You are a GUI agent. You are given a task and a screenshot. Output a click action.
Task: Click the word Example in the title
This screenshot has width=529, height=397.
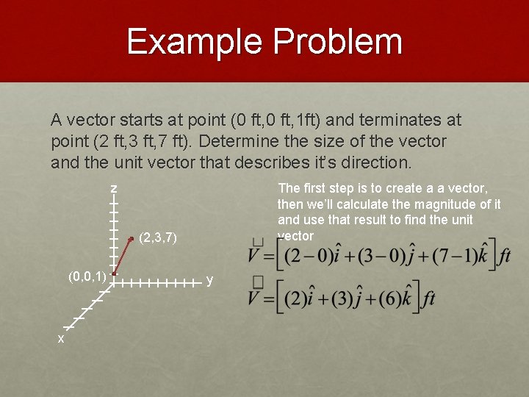coord(195,42)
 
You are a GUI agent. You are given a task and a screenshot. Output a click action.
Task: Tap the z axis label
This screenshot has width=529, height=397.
coord(114,189)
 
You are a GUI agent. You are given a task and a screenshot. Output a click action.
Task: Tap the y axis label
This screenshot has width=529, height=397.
coord(210,280)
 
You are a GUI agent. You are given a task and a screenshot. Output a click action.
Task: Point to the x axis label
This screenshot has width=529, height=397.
coord(61,339)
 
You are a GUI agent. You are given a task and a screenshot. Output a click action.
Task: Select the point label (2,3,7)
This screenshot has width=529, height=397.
coord(159,238)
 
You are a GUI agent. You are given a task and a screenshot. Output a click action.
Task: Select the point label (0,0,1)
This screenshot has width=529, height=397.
coord(87,277)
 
